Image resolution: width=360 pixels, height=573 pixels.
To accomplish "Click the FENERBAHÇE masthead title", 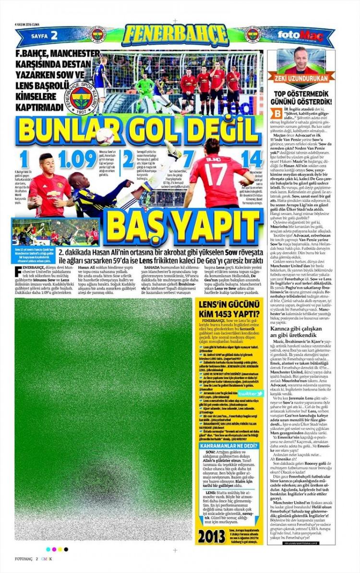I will coord(175,35).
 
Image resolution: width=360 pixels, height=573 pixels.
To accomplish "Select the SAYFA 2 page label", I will coord(44,36).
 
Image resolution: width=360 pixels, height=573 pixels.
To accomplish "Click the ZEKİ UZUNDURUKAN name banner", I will coord(301,78).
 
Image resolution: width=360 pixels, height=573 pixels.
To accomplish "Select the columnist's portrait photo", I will coord(301,59).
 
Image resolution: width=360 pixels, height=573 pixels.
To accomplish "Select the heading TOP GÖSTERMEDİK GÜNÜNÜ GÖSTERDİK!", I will coord(301,98).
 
